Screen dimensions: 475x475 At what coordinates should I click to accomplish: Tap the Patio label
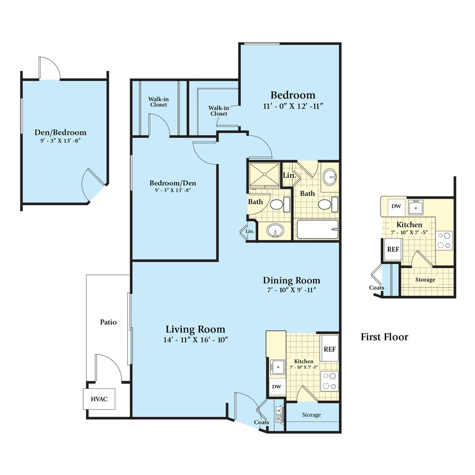point(108,322)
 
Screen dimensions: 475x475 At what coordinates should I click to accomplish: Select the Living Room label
point(195,329)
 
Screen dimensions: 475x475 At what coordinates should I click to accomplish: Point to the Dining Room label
point(292,280)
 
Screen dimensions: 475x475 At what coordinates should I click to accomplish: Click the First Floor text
point(384,337)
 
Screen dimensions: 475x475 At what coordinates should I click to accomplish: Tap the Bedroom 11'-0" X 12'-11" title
point(293,95)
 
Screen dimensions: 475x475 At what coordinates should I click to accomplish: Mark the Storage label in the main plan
point(311,415)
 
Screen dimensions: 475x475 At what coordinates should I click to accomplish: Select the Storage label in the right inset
point(425,279)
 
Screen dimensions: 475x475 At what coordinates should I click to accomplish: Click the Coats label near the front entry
point(261,422)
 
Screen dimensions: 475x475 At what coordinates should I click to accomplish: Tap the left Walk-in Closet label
point(159,101)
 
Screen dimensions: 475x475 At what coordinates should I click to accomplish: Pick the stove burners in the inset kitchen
point(445,240)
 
